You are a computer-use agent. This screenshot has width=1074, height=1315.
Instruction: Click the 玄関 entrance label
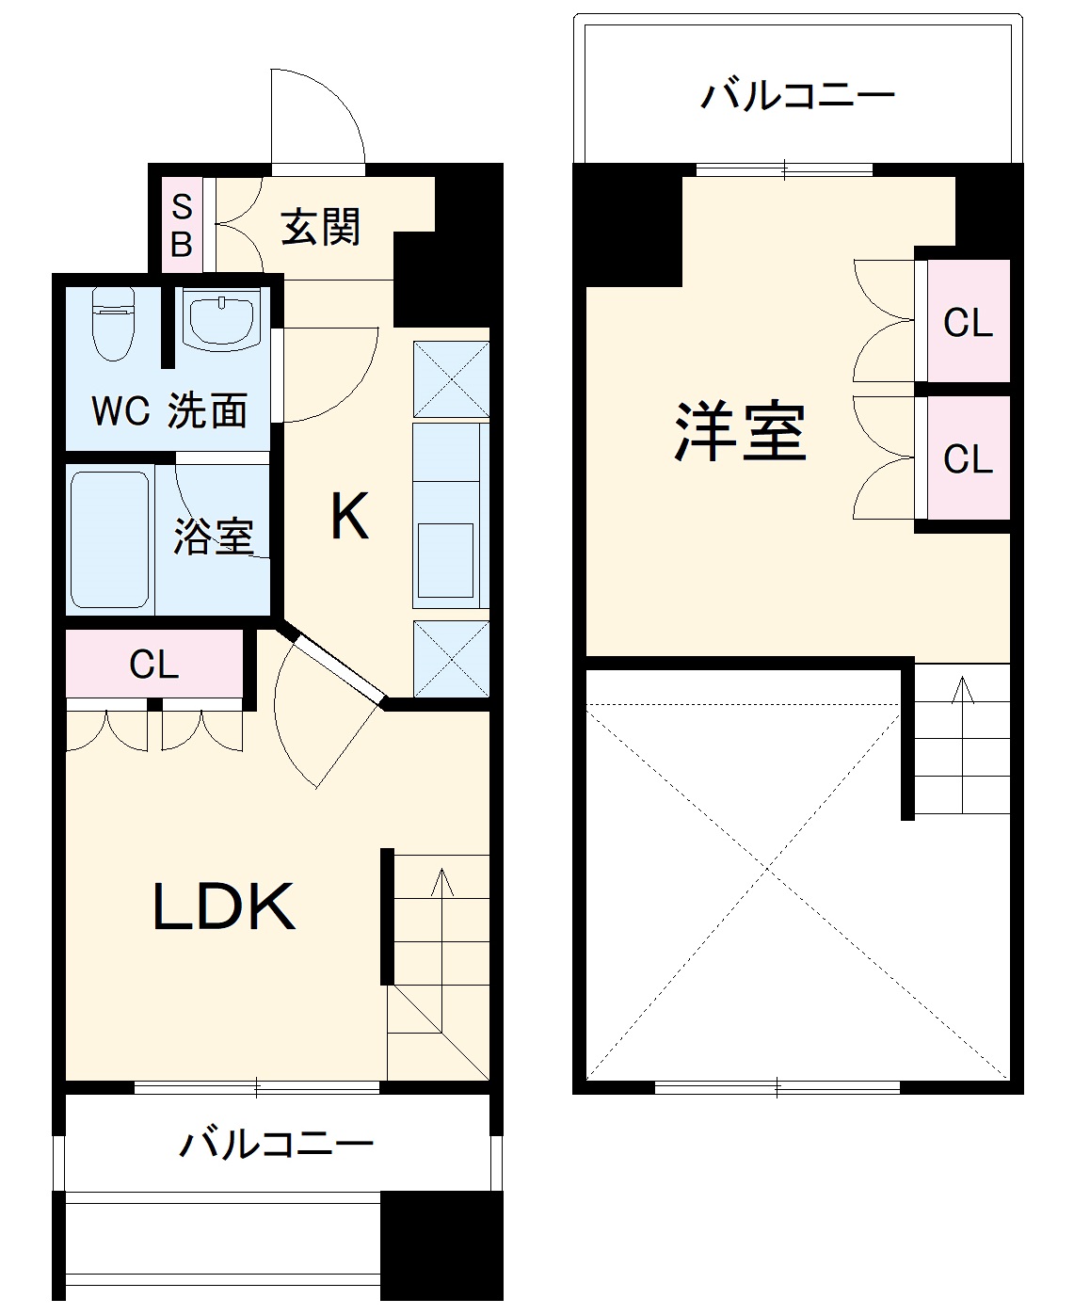pos(321,228)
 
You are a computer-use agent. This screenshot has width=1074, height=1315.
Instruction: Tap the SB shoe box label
pos(182,226)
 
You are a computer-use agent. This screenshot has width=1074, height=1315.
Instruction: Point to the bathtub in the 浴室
pos(110,539)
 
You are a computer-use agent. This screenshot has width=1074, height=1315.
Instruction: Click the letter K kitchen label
pos(349,517)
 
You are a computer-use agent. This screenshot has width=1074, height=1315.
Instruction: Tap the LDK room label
pos(224,907)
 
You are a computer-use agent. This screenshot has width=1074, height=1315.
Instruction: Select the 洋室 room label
pos(741,433)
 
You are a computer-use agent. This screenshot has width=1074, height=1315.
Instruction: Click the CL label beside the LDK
pos(154,665)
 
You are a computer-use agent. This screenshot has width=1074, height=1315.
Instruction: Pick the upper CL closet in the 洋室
pos(968,323)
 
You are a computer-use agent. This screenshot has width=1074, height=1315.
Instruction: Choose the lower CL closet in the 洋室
pos(968,459)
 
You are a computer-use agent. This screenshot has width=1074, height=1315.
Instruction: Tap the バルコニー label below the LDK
pos(277,1144)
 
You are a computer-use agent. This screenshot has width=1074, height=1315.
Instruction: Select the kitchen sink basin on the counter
pos(445,559)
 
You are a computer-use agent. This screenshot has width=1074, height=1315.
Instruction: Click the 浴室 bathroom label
pos(214,535)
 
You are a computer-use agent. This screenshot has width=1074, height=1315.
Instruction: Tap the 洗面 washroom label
pos(208,411)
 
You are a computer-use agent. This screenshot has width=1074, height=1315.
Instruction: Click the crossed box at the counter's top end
pos(451,379)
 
